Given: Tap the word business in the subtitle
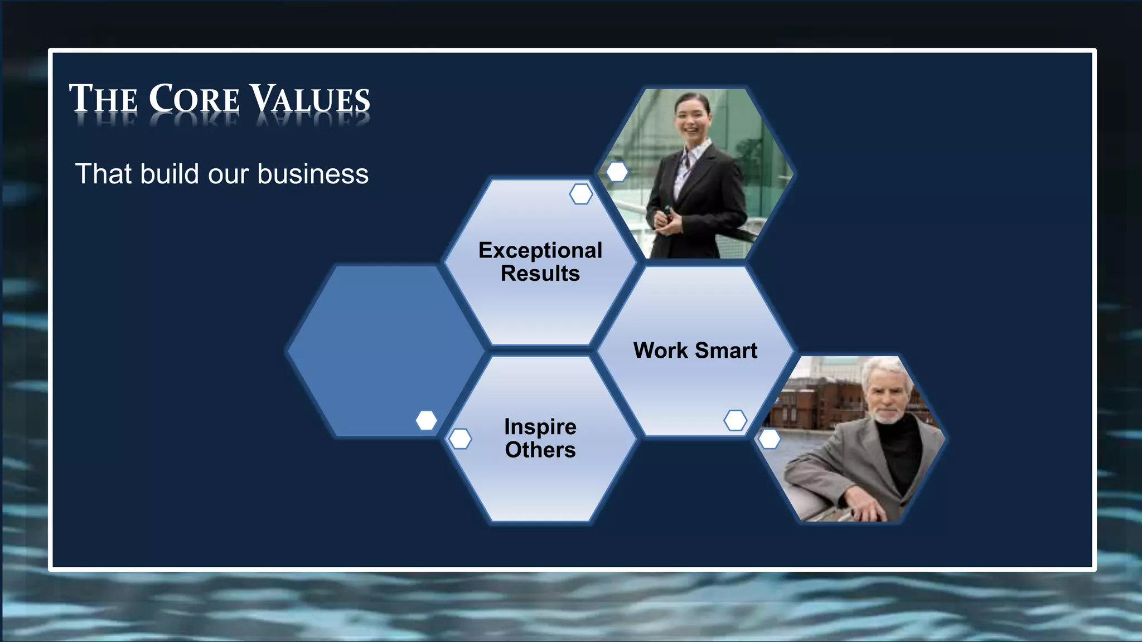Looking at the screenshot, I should (313, 174).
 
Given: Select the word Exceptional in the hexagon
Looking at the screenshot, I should (540, 250).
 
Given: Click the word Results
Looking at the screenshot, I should (540, 274).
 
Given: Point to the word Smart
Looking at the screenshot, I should (726, 351).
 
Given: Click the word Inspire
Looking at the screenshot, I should (540, 427).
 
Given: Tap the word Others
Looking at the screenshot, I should (540, 450).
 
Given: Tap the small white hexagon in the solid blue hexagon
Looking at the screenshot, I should (426, 420).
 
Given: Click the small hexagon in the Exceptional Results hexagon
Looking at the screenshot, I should (580, 194).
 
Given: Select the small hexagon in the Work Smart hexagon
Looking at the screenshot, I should (735, 420).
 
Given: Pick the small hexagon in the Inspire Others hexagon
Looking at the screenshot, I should (460, 439).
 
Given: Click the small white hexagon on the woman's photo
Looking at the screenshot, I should (617, 172).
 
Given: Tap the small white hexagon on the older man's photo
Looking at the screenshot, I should (770, 439).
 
